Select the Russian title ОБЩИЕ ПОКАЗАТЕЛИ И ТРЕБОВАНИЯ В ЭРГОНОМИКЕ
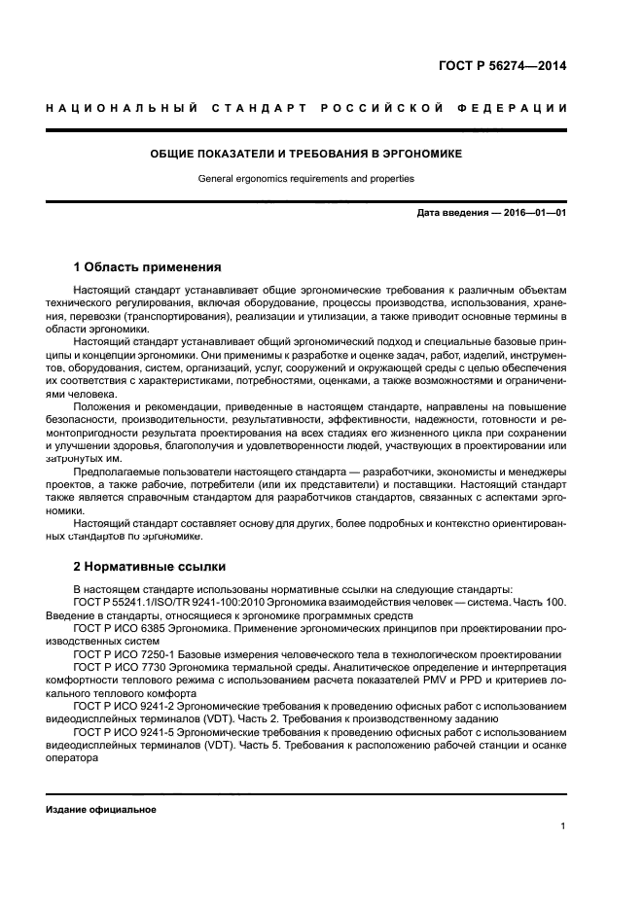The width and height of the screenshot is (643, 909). coord(305,154)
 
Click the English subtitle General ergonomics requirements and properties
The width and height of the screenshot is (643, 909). coord(305,179)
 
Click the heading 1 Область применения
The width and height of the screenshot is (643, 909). coord(147,266)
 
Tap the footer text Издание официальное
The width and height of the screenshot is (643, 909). coord(100,809)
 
